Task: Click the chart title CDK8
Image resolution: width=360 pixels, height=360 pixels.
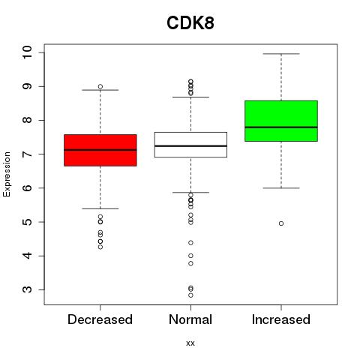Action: click(190, 23)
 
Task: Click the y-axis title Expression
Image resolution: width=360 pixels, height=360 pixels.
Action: click(7, 174)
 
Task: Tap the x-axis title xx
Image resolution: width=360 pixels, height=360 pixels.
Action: click(190, 343)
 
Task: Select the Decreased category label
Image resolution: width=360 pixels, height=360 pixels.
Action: click(100, 319)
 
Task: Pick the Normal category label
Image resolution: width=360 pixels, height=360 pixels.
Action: click(190, 319)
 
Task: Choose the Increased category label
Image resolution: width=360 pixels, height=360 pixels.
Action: click(281, 319)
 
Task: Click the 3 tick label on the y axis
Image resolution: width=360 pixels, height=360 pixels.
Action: click(27, 289)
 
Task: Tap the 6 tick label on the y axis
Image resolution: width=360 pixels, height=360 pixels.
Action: click(27, 188)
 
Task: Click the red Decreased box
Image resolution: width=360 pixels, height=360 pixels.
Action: click(100, 150)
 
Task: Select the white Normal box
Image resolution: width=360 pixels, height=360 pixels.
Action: click(190, 145)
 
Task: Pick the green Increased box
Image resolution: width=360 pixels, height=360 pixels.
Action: click(281, 121)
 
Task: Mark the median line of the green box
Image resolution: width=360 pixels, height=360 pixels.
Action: click(281, 127)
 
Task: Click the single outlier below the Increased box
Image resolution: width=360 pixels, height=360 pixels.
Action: click(281, 223)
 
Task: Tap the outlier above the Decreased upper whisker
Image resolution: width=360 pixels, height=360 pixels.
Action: click(100, 87)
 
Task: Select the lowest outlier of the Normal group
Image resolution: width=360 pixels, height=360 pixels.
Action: click(190, 295)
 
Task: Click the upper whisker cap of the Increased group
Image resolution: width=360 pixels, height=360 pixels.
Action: click(281, 54)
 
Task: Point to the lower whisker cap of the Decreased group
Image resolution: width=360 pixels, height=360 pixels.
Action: click(100, 208)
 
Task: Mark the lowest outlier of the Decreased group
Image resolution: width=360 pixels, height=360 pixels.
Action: click(100, 247)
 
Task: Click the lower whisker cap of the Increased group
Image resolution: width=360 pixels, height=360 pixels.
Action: click(281, 188)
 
